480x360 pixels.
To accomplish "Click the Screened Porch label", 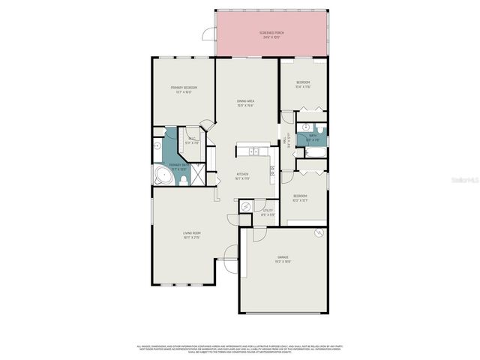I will pyautogui.click(x=272, y=34).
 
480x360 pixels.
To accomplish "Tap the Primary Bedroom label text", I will pyautogui.click(x=184, y=90).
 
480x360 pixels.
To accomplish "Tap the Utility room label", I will pyautogui.click(x=268, y=212).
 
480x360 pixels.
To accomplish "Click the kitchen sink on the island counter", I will pyautogui.click(x=255, y=152).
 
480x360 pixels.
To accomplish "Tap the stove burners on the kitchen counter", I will pyautogui.click(x=272, y=171).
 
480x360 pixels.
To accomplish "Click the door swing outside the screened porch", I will pyautogui.click(x=209, y=33).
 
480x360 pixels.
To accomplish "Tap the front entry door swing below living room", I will pyautogui.click(x=229, y=264).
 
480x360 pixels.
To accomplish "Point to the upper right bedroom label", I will pyautogui.click(x=303, y=84).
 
